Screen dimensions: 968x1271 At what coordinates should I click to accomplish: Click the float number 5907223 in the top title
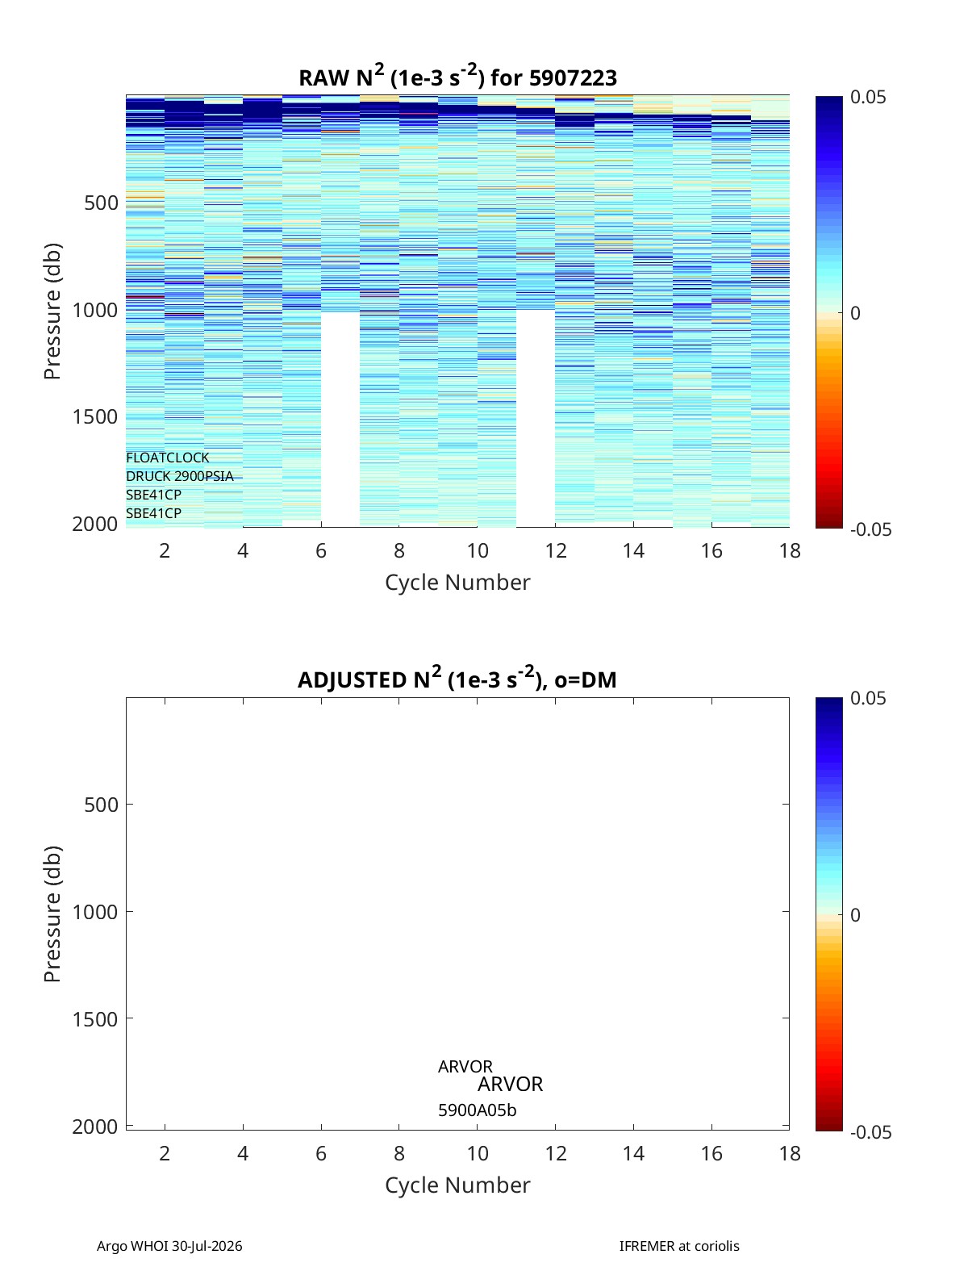(573, 77)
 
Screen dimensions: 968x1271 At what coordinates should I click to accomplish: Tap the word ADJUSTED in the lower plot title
(353, 679)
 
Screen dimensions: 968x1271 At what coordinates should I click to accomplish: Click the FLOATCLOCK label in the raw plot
(167, 458)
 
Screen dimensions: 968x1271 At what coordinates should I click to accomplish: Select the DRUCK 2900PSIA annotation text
(180, 476)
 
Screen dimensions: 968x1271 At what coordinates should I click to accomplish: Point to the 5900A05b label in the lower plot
(477, 1110)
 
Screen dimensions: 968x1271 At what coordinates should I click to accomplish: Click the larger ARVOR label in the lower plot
(510, 1084)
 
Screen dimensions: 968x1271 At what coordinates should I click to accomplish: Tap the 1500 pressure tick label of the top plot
(95, 417)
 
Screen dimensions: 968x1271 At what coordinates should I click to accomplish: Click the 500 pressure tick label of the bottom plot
(102, 805)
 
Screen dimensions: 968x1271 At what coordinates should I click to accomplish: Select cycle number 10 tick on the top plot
(478, 550)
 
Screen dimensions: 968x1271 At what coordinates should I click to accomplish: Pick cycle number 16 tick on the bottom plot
(711, 1153)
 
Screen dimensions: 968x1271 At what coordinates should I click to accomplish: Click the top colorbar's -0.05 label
(870, 530)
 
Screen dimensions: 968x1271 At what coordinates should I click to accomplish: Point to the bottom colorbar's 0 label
(855, 915)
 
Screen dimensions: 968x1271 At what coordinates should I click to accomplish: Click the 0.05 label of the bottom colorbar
(868, 698)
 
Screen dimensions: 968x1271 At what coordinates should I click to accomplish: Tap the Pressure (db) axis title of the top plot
(52, 311)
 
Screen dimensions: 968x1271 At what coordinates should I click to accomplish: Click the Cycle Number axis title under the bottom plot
(457, 1185)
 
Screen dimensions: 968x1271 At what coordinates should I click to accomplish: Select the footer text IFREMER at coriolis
(679, 1245)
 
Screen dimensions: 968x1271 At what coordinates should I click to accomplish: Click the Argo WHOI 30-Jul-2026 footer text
(169, 1245)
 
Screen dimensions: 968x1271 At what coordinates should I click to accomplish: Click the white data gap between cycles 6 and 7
(340, 419)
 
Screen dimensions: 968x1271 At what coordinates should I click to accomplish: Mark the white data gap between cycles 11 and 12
(536, 418)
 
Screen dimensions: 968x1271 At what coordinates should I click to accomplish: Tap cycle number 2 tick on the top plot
(165, 550)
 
